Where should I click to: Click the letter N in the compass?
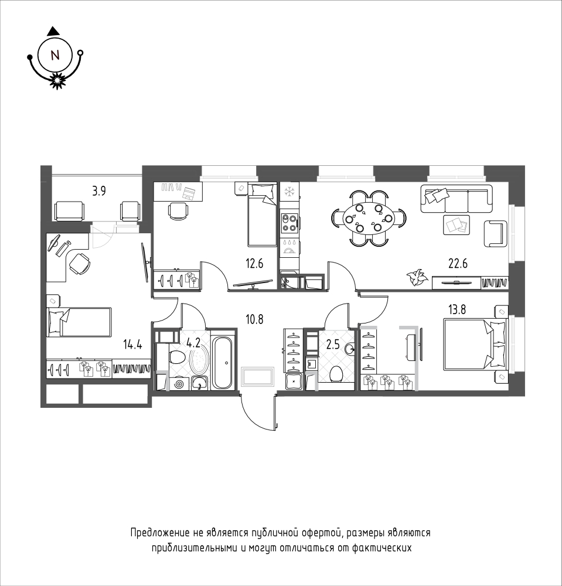click(x=55, y=55)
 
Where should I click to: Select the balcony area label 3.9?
click(x=99, y=192)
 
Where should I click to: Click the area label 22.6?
click(x=458, y=264)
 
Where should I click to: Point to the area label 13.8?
click(x=457, y=309)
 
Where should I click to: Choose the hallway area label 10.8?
click(x=254, y=319)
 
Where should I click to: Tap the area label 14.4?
click(x=132, y=344)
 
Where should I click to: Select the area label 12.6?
click(x=254, y=264)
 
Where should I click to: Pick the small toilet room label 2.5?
click(x=333, y=344)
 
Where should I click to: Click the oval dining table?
click(x=369, y=218)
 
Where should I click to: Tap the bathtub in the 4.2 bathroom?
click(x=223, y=359)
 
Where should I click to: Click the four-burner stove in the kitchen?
click(x=289, y=222)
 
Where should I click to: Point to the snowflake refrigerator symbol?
click(x=289, y=192)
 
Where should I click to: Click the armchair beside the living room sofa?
click(x=496, y=233)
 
